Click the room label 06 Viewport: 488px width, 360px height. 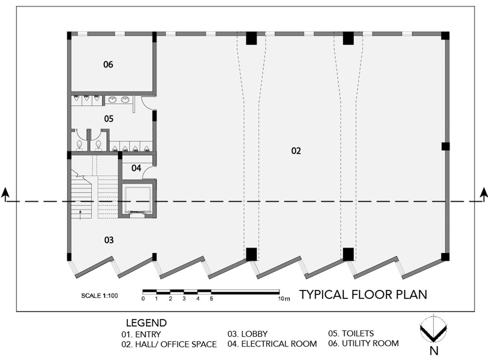pyautogui.click(x=108, y=65)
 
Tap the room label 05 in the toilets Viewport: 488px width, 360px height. pyautogui.click(x=109, y=119)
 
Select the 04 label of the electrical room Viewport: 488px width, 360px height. pyautogui.click(x=136, y=168)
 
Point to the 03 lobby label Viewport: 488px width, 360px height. pyautogui.click(x=109, y=240)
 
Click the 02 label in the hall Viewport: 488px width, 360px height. pyautogui.click(x=296, y=151)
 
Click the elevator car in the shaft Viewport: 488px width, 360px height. pyautogui.click(x=138, y=200)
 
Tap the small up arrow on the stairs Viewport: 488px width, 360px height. pyautogui.click(x=80, y=215)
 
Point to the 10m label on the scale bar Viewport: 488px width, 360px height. pyautogui.click(x=284, y=299)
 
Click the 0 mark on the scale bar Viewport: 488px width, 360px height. pyautogui.click(x=143, y=299)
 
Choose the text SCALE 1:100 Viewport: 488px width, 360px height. pyautogui.click(x=100, y=296)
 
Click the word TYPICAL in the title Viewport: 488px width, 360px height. pyautogui.click(x=324, y=295)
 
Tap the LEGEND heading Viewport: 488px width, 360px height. pyautogui.click(x=146, y=323)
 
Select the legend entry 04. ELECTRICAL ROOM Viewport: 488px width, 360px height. pyautogui.click(x=272, y=344)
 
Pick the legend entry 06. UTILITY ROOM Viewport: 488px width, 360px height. pyautogui.click(x=364, y=343)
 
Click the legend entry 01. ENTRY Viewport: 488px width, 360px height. pyautogui.click(x=141, y=334)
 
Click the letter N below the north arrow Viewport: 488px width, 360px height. pyautogui.click(x=434, y=351)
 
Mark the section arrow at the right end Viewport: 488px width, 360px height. pyautogui.click(x=484, y=195)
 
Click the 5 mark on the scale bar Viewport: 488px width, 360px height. pyautogui.click(x=211, y=299)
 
